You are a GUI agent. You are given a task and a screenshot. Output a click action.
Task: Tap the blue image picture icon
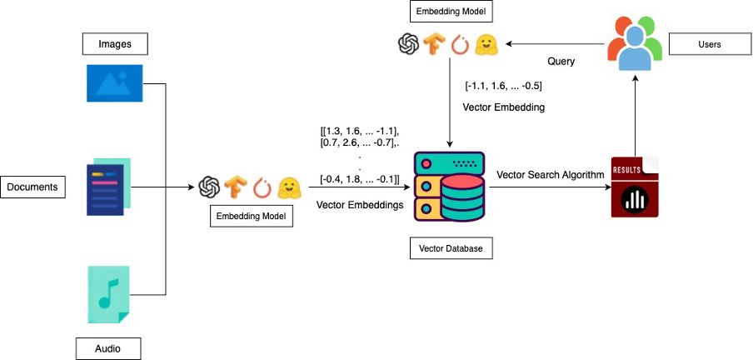point(114,82)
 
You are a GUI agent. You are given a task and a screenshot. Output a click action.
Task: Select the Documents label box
point(32,187)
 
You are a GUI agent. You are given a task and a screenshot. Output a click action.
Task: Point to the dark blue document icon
point(107,188)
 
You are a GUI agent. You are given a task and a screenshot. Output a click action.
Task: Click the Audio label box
point(107,347)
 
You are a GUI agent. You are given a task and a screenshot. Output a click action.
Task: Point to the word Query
point(561,62)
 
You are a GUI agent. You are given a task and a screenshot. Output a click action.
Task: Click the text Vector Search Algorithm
point(550,174)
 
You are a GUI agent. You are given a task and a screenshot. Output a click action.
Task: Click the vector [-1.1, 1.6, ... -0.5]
point(504,85)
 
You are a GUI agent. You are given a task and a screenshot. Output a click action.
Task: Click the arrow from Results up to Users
point(636,112)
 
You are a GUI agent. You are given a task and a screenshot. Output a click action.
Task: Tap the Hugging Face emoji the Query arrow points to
point(486,45)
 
